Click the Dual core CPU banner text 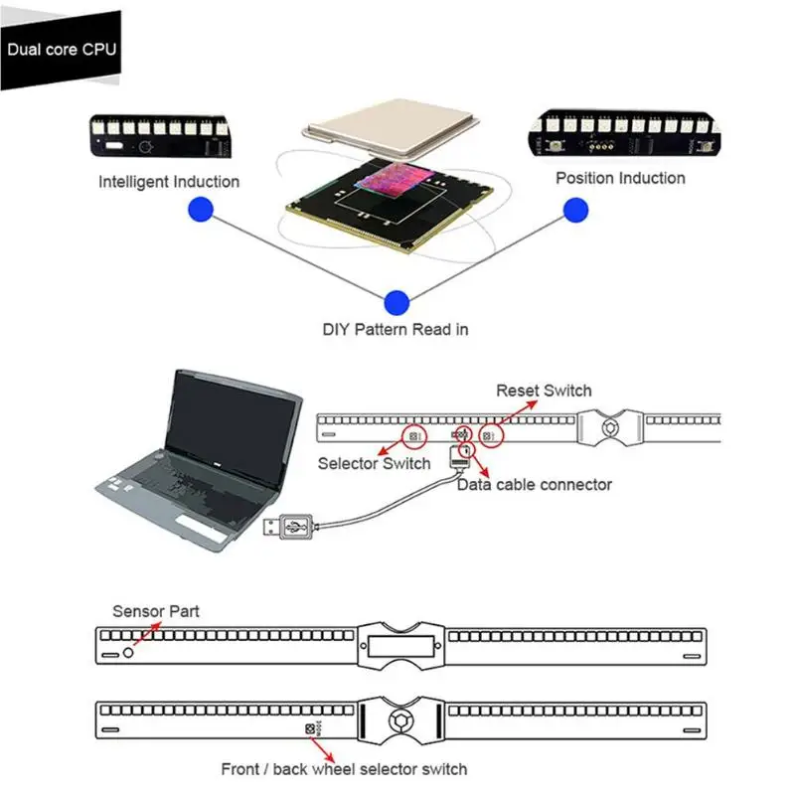tap(62, 49)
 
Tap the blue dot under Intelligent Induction tap(201, 209)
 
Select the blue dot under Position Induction tap(576, 210)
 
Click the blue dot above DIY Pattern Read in tap(397, 303)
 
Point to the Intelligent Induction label tap(169, 182)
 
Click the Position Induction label tap(620, 178)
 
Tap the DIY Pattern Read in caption tap(396, 330)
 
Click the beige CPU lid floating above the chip tap(391, 127)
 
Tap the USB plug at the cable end tap(288, 528)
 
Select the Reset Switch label tap(544, 391)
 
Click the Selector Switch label tap(375, 463)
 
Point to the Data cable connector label tap(535, 485)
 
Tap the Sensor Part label tap(156, 611)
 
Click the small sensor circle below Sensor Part tap(128, 653)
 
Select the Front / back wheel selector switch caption tap(344, 769)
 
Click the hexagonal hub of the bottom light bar tap(401, 720)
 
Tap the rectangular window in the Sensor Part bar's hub tap(401, 646)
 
